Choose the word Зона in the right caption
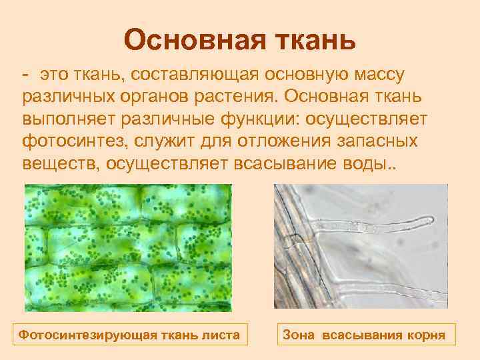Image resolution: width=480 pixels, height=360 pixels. point(301,334)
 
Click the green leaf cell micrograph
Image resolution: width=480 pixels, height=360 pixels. point(127,247)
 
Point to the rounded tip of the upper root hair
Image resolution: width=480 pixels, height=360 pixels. point(432,219)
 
